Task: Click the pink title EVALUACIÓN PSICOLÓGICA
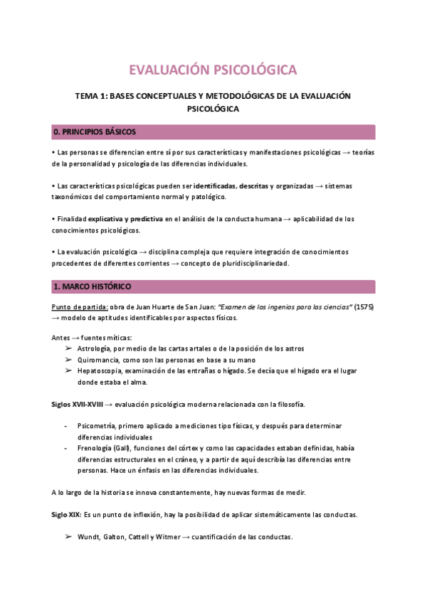click(x=213, y=70)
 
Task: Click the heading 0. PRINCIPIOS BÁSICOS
click(x=95, y=132)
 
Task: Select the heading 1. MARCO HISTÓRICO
click(x=91, y=287)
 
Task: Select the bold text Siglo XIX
click(x=66, y=514)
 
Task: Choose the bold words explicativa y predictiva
click(x=122, y=219)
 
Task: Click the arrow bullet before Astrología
click(x=68, y=348)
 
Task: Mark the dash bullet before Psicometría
click(x=65, y=425)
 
